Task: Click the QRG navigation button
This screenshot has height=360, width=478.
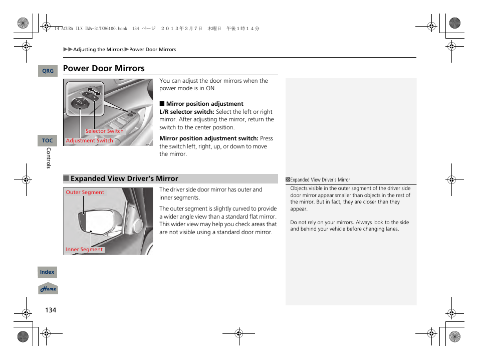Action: (48, 71)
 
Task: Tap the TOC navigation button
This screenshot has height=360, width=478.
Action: (48, 141)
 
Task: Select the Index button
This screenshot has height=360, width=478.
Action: (47, 272)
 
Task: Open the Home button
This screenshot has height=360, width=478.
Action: (48, 289)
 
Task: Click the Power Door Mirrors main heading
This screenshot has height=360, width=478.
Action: (104, 69)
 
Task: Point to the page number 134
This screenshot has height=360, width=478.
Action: (51, 310)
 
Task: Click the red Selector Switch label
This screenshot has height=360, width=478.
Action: (104, 131)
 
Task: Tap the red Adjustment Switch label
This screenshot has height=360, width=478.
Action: (90, 141)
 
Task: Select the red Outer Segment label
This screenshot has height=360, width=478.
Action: (85, 193)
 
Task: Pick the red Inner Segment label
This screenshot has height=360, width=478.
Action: (84, 250)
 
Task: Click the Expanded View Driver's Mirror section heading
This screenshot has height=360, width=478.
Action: (124, 179)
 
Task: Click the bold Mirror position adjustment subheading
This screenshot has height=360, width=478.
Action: (204, 104)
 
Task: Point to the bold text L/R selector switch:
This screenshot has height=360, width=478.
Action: (186, 112)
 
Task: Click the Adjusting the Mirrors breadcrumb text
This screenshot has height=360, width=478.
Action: (98, 50)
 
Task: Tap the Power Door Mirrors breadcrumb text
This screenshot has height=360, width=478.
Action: (153, 50)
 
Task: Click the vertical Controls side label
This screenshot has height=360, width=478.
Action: (49, 158)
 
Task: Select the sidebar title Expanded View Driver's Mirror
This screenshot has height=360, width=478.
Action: (320, 179)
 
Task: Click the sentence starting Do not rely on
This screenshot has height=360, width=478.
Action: (349, 226)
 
